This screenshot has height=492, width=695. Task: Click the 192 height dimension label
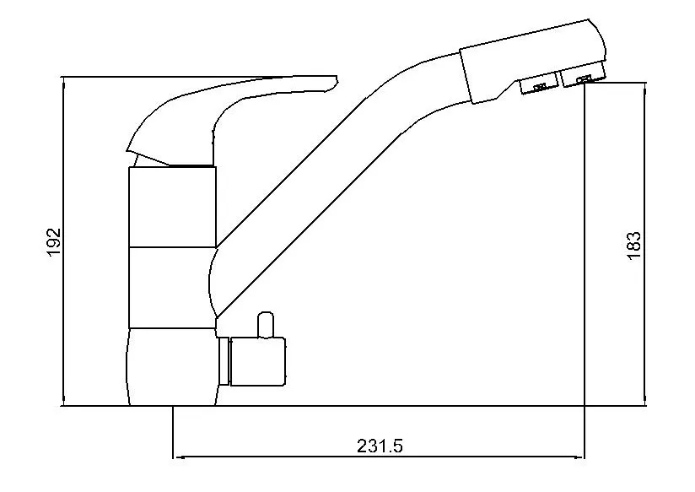[x=55, y=243]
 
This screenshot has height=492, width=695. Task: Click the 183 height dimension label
[x=634, y=245]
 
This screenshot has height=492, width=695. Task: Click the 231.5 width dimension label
[x=380, y=446]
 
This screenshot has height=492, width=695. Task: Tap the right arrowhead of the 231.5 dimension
[x=580, y=457]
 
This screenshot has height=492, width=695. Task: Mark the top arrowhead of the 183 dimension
[x=645, y=87]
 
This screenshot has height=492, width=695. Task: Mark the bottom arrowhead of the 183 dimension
[x=645, y=401]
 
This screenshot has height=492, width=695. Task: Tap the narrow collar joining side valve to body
[x=224, y=360]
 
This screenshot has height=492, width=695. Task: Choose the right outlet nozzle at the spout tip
[x=585, y=79]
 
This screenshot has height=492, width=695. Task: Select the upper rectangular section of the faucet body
[x=172, y=206]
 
